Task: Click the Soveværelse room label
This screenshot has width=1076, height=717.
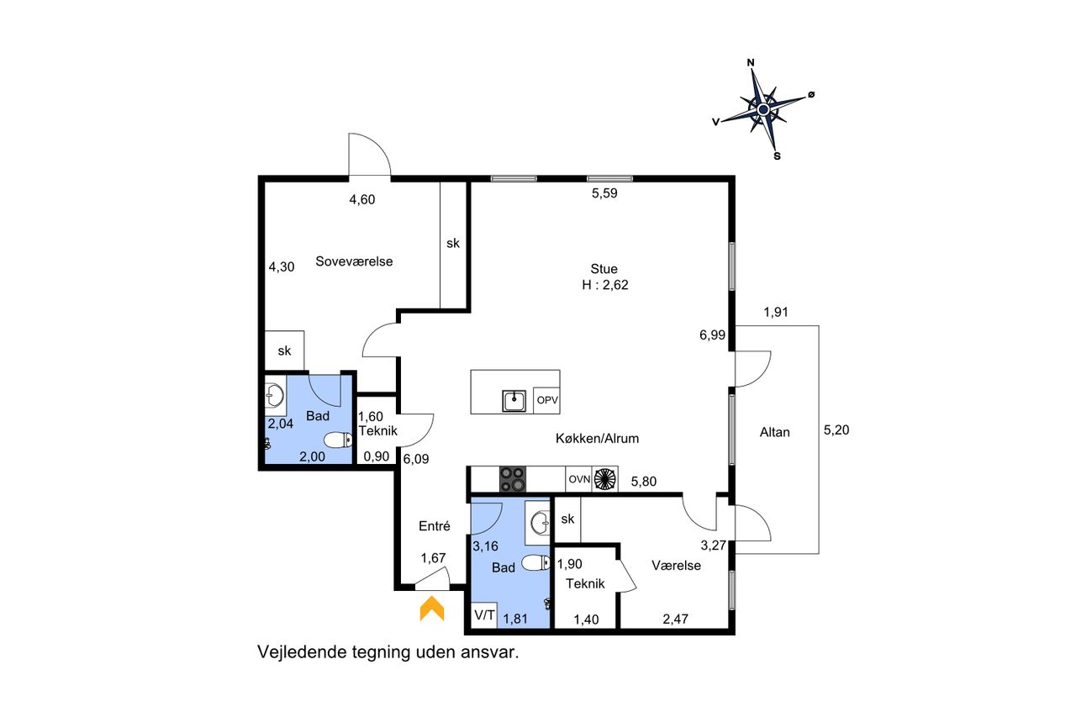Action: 354,261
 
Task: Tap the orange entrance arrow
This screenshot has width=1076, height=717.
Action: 432,608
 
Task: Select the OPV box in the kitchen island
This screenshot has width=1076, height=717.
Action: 546,400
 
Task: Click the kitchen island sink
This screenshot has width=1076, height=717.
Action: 514,401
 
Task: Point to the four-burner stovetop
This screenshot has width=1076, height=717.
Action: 513,479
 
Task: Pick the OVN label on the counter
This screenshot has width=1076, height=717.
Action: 579,479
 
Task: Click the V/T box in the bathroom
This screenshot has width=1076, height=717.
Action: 484,614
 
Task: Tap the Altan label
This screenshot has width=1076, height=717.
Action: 774,432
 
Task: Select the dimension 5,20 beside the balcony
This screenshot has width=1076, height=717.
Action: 836,430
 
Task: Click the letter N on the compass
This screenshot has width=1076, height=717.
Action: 751,62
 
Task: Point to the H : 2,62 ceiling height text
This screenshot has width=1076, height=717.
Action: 604,285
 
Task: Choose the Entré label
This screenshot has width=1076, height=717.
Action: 435,526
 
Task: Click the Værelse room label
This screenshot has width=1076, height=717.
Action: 676,565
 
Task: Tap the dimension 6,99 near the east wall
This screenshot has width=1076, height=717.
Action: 712,335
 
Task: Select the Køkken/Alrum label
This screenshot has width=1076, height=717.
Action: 597,438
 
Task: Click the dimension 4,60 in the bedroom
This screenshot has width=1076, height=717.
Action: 361,199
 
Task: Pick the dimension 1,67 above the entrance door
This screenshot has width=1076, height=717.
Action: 433,557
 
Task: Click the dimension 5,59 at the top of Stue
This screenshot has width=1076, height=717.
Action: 604,193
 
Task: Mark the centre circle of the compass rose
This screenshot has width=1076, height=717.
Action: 763,109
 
